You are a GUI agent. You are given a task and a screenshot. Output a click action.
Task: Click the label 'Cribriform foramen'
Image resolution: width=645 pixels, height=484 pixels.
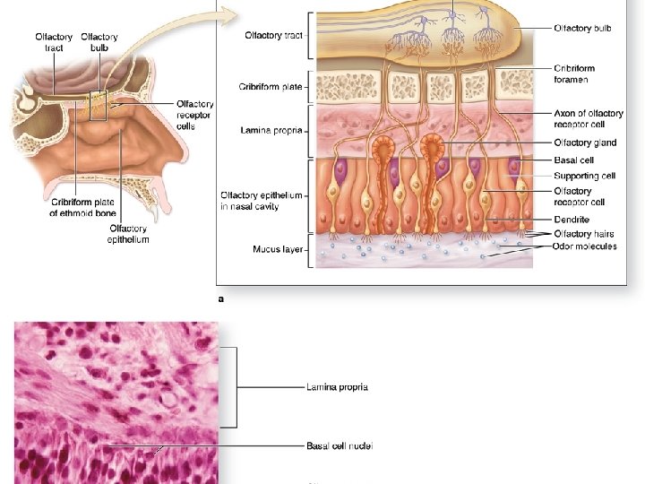click(573, 73)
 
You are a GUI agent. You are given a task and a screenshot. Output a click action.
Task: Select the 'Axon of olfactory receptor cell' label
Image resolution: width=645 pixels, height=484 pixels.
click(588, 119)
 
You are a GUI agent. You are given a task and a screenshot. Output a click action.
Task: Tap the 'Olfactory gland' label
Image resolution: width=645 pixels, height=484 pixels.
click(585, 143)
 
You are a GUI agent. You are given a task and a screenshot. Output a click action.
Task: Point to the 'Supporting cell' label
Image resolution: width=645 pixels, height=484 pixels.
click(584, 176)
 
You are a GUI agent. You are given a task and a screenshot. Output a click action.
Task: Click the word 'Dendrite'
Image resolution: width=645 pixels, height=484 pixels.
click(572, 220)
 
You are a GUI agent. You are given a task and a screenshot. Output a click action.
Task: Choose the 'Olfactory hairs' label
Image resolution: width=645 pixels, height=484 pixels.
click(585, 234)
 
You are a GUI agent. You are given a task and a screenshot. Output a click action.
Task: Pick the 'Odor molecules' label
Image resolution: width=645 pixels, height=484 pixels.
click(584, 246)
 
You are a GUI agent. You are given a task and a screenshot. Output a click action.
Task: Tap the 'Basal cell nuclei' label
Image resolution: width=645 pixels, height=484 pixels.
click(340, 445)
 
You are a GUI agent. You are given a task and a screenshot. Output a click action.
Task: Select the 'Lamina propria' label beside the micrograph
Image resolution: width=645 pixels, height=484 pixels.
click(337, 387)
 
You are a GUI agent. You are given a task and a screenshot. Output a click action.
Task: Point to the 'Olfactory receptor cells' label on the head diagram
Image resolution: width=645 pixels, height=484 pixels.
click(195, 116)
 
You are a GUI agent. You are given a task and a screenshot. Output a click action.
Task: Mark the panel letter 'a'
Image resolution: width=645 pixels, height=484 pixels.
click(221, 301)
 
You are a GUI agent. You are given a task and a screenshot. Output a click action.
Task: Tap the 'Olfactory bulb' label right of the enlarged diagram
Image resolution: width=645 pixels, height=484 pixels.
click(582, 29)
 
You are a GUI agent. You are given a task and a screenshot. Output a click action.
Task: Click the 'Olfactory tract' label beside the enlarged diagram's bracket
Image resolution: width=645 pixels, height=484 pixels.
click(273, 35)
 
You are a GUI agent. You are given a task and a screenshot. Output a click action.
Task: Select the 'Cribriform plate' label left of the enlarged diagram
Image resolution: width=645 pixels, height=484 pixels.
click(270, 87)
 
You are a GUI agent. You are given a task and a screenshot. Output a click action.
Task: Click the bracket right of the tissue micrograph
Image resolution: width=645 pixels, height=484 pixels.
click(234, 387)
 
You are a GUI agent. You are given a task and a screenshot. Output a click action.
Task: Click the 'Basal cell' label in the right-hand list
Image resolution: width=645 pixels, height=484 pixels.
click(574, 160)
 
